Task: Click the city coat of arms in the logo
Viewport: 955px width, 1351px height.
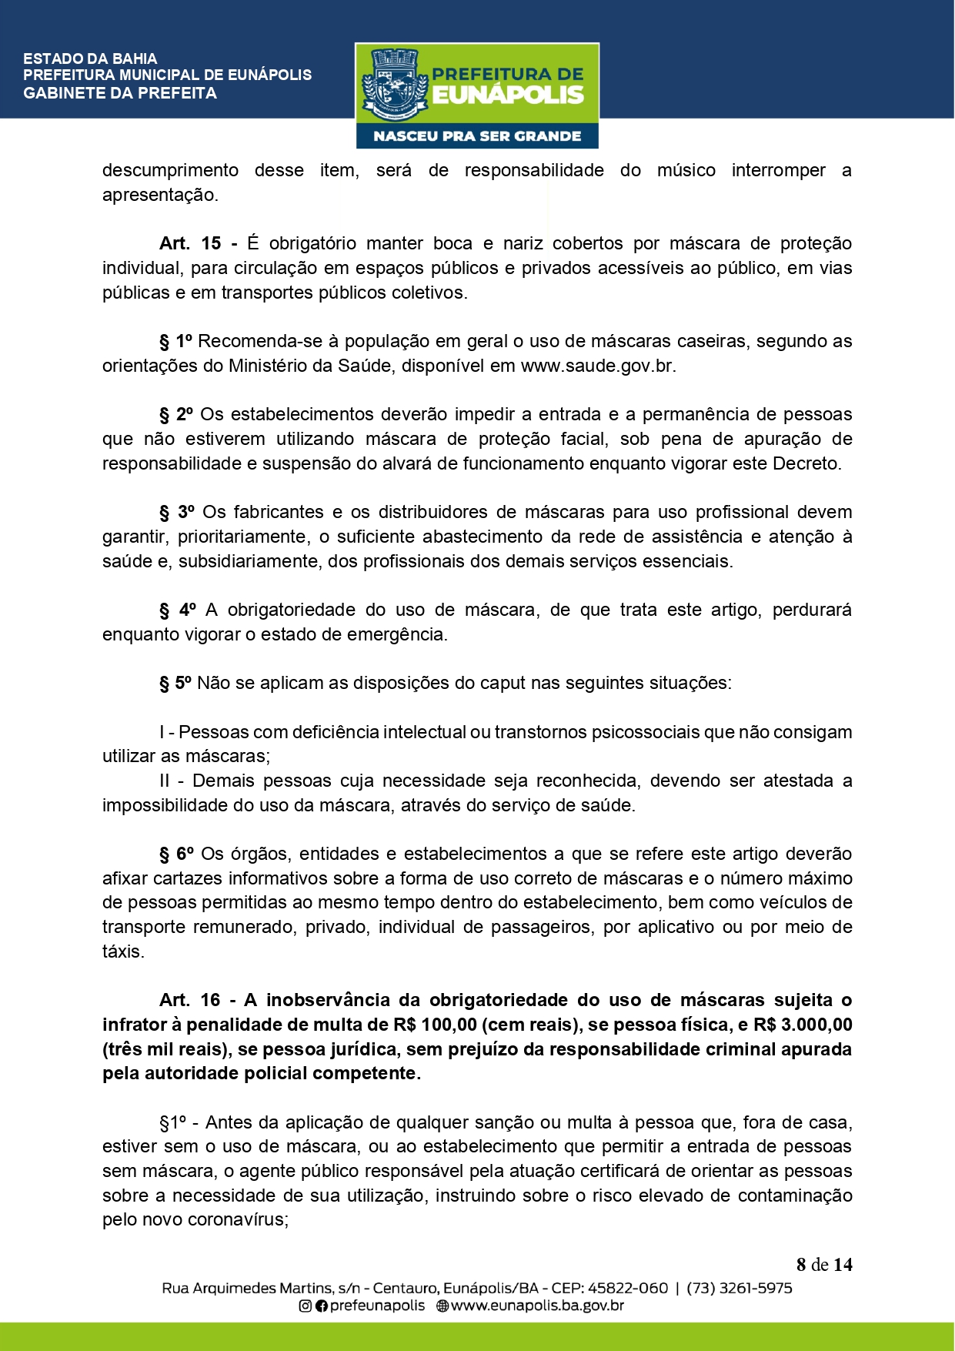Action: click(394, 84)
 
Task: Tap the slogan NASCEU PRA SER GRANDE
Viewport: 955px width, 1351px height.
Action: click(477, 136)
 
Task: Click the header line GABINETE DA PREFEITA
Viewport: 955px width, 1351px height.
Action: click(120, 93)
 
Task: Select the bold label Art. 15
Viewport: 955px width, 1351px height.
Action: click(190, 243)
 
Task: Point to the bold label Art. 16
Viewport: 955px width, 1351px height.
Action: click(190, 1000)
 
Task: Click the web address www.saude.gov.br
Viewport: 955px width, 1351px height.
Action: click(598, 366)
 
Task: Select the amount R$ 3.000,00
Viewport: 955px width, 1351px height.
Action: click(803, 1025)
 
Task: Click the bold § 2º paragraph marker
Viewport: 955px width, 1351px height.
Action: click(177, 414)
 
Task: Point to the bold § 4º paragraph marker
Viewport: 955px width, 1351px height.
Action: click(178, 610)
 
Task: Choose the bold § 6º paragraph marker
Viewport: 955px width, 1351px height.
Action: click(177, 854)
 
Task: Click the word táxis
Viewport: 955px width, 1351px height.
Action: click(123, 951)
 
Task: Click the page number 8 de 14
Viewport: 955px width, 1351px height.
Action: click(824, 1265)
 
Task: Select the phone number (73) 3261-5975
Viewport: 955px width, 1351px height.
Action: click(740, 1288)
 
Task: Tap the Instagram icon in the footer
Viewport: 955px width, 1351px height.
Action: click(306, 1306)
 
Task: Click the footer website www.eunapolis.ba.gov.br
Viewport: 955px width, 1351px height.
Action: click(537, 1306)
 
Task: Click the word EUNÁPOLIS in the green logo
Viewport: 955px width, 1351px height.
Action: click(508, 95)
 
